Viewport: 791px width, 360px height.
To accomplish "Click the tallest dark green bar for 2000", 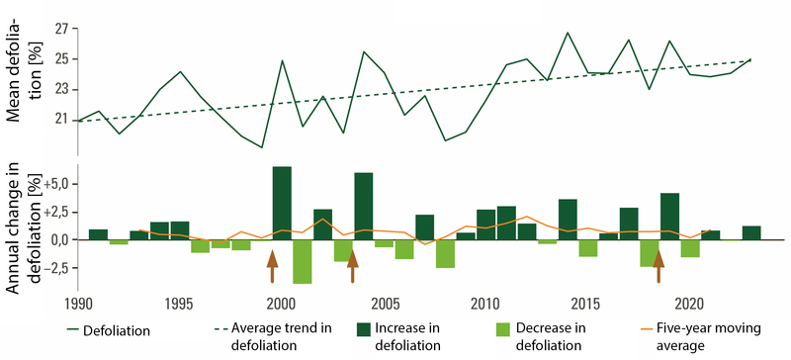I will coord(282,203).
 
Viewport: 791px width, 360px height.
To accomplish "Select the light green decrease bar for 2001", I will coord(302,261).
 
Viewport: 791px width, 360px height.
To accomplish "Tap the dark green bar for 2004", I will coord(363,206).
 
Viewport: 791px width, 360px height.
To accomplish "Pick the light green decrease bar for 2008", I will coord(445,253).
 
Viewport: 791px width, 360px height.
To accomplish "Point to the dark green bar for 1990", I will coord(98,234).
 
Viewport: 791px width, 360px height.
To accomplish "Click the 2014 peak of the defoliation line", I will coord(568,33).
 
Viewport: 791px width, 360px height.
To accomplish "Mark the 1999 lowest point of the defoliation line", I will coord(261,147).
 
